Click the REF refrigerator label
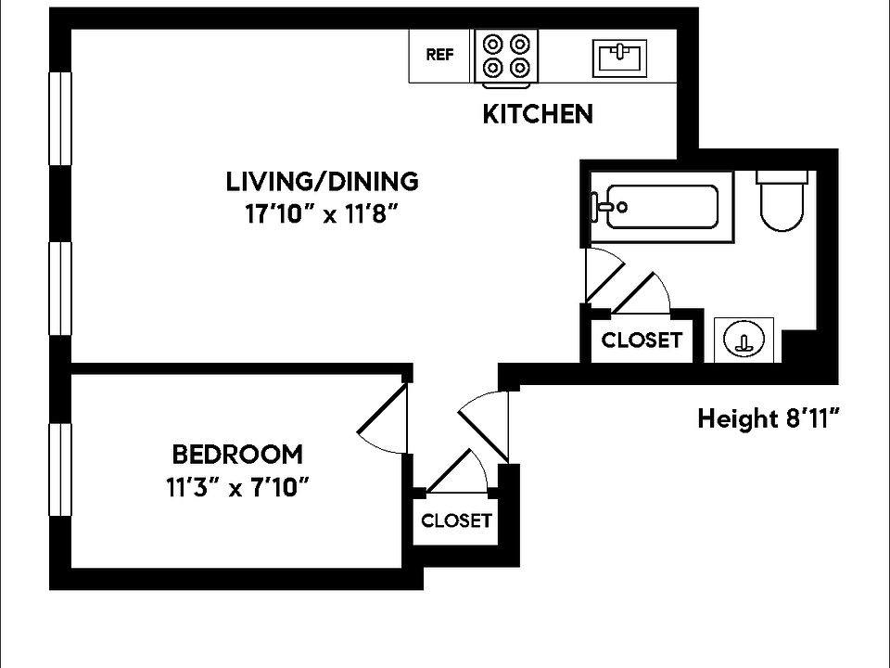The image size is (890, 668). point(439,55)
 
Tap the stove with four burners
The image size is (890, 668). point(506,57)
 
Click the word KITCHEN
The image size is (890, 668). point(538,114)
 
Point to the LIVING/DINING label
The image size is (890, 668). point(323,181)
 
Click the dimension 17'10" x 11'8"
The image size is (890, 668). point(321,214)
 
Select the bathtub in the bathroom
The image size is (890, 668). point(658,207)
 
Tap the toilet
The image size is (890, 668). point(782,203)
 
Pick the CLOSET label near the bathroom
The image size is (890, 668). point(642,340)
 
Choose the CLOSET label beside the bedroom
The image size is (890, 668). point(456,520)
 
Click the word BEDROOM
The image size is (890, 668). point(237,455)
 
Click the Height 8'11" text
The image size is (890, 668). point(768,419)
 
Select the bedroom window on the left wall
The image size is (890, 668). point(60,469)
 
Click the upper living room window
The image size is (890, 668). point(60,118)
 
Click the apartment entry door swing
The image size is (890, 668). point(487,423)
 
